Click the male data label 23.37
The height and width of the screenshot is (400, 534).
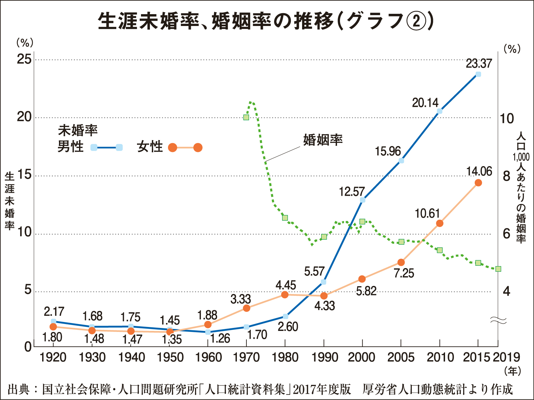coord(479,63)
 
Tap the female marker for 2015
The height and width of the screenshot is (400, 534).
coord(478,183)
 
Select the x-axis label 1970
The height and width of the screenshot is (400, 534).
coord(246,358)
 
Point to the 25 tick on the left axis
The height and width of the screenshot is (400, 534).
coord(24,60)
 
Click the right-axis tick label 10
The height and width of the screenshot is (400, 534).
coord(507,118)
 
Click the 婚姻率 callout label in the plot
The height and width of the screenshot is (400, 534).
coord(323,140)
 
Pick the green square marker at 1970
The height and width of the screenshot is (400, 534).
coord(246,117)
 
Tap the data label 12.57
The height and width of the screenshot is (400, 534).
coord(352,191)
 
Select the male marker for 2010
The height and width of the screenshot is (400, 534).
coord(439,111)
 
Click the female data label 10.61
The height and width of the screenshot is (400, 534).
coord(427,214)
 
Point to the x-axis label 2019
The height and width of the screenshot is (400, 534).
coord(506,358)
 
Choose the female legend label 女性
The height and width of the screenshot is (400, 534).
coord(150,147)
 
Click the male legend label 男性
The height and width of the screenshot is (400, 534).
coord(70,147)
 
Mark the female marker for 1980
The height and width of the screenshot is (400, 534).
coord(285,295)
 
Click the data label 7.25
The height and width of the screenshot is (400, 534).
coord(404,273)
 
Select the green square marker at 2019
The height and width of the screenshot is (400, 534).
coord(498,269)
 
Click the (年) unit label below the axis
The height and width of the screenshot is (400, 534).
coord(512,371)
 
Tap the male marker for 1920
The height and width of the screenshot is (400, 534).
coord(53,321)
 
